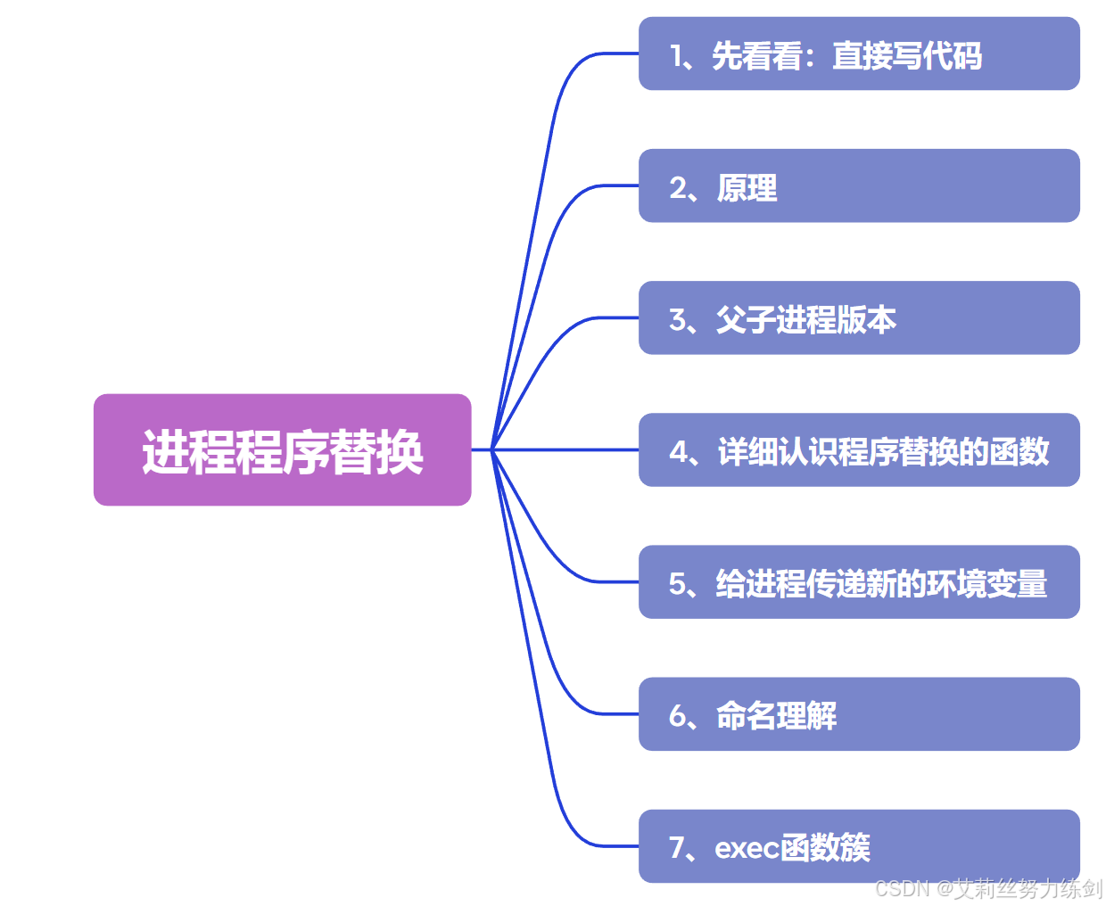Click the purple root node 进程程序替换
click(x=282, y=449)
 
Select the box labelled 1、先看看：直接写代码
click(x=859, y=54)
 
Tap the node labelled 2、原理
click(x=859, y=185)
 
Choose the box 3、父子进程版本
click(x=859, y=317)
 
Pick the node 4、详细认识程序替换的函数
click(x=859, y=449)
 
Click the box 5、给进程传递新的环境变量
click(x=859, y=581)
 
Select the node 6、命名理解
click(x=859, y=713)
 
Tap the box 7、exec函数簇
click(x=859, y=845)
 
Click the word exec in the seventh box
click(x=747, y=848)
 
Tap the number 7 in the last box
click(x=678, y=847)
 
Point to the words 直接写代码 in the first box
click(x=907, y=56)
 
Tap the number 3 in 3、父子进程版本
click(x=678, y=320)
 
